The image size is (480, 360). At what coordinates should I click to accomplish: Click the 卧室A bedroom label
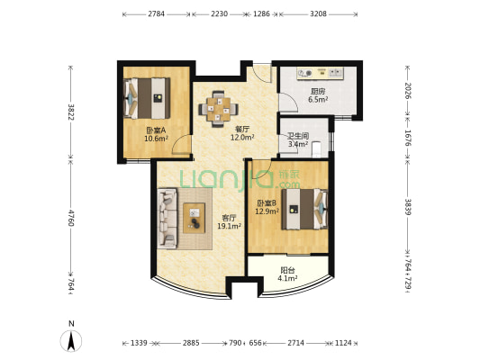click(156, 130)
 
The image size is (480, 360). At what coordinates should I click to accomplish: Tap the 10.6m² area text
click(156, 139)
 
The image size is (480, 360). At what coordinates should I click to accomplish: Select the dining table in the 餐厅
click(218, 109)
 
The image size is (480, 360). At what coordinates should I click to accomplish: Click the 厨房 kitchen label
click(318, 91)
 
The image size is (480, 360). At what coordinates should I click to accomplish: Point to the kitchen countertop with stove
click(321, 74)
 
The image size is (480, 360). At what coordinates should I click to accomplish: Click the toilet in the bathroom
click(316, 149)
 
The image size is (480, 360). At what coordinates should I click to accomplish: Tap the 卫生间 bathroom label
click(298, 136)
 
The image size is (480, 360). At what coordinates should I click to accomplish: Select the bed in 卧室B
click(305, 209)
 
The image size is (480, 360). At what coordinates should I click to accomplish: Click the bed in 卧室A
click(147, 98)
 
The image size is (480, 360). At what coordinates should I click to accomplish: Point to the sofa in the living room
click(168, 218)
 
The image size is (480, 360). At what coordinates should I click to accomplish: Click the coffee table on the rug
click(195, 218)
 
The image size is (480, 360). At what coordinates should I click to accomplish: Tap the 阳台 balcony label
click(287, 270)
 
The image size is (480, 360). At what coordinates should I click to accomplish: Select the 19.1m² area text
click(229, 226)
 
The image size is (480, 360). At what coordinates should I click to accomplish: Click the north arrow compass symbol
click(71, 341)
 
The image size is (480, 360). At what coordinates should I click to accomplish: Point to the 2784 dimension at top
click(157, 13)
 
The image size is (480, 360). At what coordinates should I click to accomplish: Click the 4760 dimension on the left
click(71, 218)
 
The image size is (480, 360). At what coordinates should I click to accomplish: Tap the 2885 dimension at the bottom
click(191, 343)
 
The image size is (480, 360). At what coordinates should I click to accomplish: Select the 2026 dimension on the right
click(408, 91)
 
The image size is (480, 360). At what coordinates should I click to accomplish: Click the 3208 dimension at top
click(319, 13)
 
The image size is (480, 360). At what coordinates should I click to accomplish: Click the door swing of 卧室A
click(182, 144)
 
